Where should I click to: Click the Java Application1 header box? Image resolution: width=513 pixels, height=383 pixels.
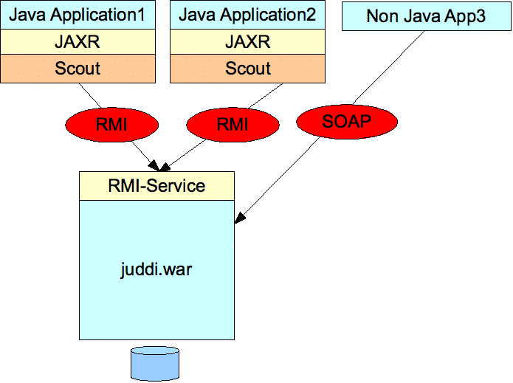point(78,15)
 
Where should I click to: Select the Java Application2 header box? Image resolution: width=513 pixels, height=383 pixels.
point(248,15)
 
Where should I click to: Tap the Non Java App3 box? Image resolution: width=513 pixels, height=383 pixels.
point(427,16)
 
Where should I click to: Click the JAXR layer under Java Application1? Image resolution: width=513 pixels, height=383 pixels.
point(78,42)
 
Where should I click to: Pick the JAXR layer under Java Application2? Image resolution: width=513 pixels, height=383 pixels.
point(248,42)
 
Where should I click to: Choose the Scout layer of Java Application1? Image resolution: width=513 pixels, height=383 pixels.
point(78,69)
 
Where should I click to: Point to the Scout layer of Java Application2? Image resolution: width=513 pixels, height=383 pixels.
point(248,69)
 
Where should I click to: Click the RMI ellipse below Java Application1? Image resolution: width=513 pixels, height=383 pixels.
point(112,125)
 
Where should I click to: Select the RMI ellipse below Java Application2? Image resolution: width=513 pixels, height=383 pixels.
point(233,125)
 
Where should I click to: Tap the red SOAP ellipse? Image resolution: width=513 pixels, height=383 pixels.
point(347,122)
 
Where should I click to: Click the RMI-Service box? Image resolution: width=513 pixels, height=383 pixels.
point(156,186)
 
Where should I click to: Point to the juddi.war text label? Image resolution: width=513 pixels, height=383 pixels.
point(156,270)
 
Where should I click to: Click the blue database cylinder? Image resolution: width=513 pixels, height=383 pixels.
point(155,364)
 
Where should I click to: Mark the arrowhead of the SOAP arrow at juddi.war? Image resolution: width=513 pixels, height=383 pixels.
point(239,218)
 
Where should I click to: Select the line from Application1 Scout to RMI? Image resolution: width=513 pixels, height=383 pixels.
point(90,95)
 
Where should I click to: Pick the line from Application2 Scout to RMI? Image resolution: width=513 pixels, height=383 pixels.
point(265,95)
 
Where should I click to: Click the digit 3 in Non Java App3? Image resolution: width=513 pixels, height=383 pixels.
point(481,16)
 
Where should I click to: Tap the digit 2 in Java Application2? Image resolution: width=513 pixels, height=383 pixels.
point(311,15)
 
